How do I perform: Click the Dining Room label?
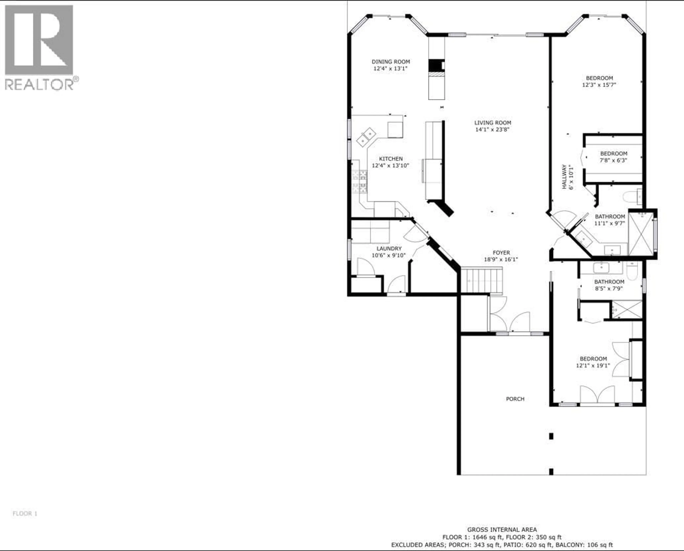click(x=391, y=62)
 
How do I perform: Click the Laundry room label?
click(x=389, y=248)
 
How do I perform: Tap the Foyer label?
click(x=501, y=252)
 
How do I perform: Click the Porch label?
click(x=515, y=399)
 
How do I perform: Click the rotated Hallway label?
click(x=564, y=177)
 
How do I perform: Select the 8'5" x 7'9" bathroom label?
click(x=609, y=282)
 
